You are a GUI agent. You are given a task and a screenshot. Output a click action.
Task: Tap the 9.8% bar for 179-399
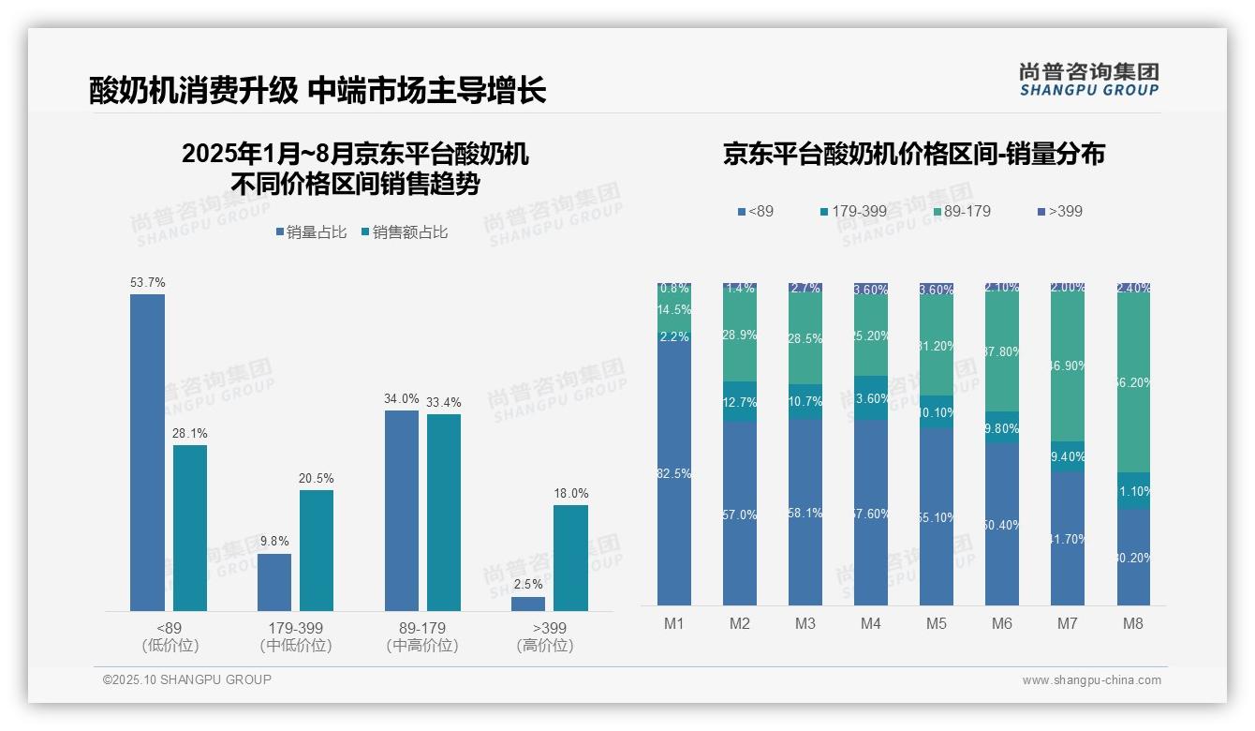[274, 582]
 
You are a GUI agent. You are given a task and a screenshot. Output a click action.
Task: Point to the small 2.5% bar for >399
[528, 604]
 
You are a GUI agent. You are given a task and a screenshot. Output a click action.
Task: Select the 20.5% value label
[317, 479]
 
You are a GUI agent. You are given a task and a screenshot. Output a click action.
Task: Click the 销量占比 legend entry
[311, 232]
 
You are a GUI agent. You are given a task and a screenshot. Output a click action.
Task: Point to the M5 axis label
[936, 623]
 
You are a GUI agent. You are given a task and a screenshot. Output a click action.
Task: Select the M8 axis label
[1132, 623]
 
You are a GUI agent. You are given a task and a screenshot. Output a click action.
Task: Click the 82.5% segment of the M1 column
[674, 474]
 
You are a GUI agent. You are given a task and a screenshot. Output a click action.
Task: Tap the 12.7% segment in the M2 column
[740, 402]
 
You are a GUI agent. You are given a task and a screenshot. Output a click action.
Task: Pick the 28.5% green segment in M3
[805, 339]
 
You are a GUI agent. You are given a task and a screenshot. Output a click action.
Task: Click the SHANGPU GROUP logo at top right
[1088, 80]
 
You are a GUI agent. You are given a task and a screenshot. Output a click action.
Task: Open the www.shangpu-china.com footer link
[1091, 680]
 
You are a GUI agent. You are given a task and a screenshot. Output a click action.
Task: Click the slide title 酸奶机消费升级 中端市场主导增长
[317, 90]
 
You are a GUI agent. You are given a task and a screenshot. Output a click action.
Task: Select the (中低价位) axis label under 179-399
[296, 646]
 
